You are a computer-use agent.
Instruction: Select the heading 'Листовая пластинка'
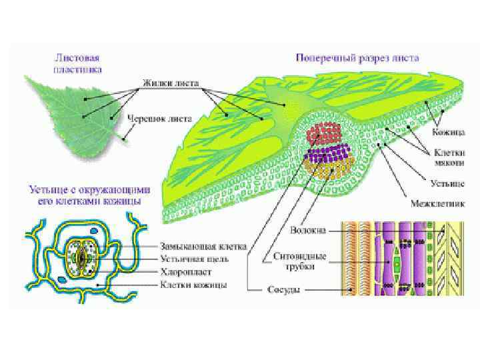coord(77,63)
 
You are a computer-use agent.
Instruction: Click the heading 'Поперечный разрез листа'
coord(357,57)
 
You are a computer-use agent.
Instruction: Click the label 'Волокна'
coord(307,231)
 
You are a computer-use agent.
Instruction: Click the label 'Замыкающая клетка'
coord(203,245)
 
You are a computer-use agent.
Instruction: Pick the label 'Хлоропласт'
coord(185,271)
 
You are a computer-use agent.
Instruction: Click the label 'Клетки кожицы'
coord(193,285)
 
